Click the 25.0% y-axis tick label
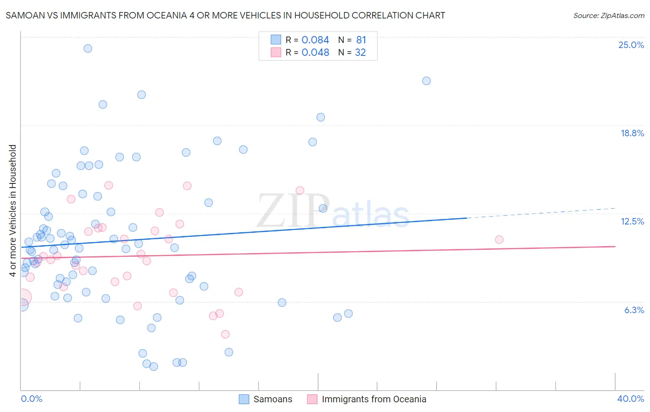[631, 45]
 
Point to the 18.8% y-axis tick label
[632, 133]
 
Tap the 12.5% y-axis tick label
[632, 221]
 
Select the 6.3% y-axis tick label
[634, 310]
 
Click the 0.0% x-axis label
[31, 399]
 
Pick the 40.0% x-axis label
[630, 399]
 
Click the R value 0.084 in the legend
[315, 40]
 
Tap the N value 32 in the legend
[360, 53]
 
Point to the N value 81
[361, 40]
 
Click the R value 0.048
[315, 53]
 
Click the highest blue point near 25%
[88, 48]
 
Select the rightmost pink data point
[499, 239]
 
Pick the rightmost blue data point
[426, 81]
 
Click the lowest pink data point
[225, 334]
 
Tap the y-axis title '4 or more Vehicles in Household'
[13, 211]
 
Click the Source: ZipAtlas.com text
[608, 16]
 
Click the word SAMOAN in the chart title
[26, 16]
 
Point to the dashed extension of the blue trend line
[541, 213]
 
